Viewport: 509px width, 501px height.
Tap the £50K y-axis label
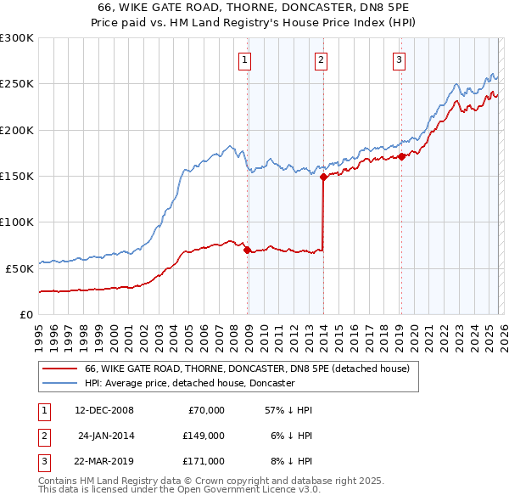click(20, 268)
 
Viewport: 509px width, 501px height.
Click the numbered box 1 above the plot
click(244, 59)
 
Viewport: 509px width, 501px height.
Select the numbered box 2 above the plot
click(322, 59)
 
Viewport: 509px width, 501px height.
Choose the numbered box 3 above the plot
click(399, 59)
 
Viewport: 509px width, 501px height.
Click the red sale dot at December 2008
click(247, 250)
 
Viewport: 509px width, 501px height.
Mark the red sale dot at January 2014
click(323, 177)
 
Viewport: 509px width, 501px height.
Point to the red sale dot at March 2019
click(400, 156)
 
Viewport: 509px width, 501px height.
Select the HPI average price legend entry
click(189, 383)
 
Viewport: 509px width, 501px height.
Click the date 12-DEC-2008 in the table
click(104, 410)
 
